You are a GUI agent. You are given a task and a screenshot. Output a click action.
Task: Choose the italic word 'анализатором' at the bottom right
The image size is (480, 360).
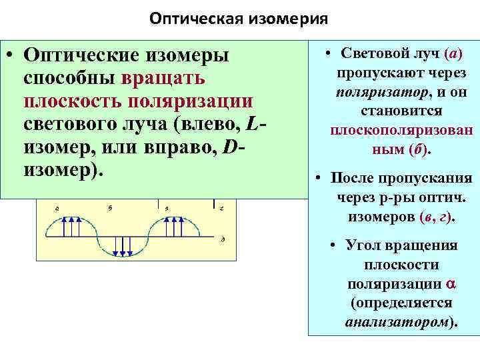click(400, 323)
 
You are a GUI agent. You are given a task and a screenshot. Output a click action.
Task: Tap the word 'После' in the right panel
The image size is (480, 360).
click(351, 178)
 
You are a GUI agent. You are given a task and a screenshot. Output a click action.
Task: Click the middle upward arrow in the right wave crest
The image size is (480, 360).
click(173, 227)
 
